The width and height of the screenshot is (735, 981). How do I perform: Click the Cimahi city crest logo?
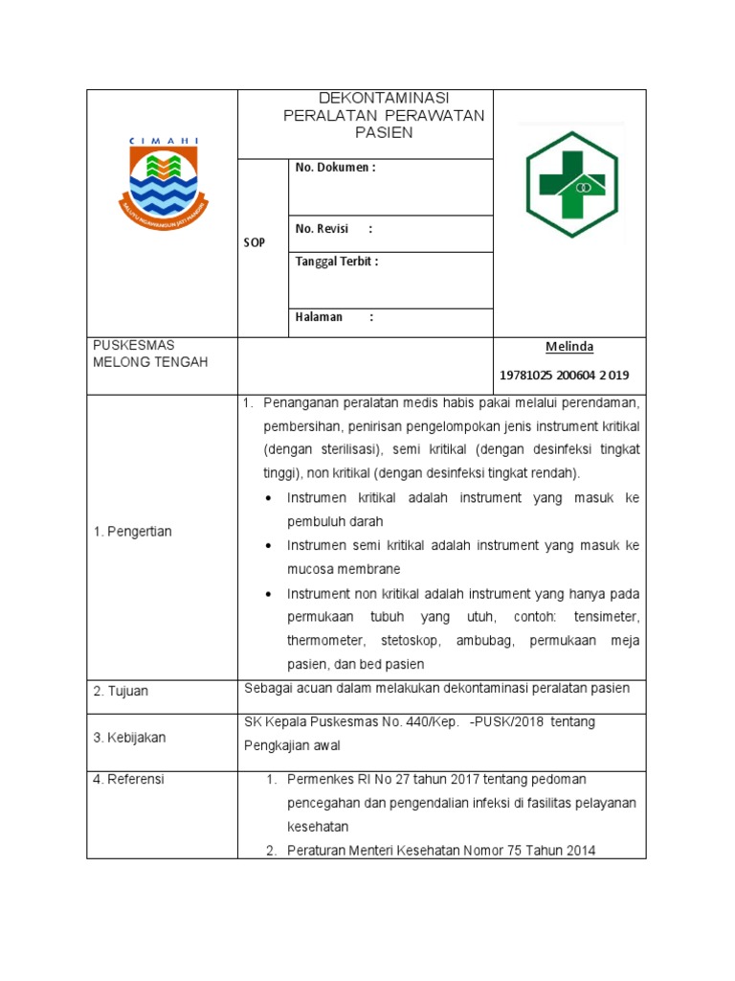click(163, 182)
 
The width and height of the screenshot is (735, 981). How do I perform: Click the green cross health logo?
click(571, 182)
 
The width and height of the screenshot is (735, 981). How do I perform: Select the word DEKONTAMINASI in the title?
click(384, 99)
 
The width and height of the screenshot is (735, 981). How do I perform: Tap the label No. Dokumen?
click(335, 168)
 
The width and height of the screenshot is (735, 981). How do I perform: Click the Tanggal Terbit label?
click(337, 262)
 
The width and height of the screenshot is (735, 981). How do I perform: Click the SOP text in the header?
click(254, 243)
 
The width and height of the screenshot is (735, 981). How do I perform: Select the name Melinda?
click(569, 347)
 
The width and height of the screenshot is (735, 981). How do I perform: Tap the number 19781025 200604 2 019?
click(565, 375)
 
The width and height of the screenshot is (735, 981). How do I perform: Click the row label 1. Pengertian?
click(132, 532)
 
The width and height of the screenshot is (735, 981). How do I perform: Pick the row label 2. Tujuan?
click(121, 691)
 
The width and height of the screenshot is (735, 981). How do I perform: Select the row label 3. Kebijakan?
click(129, 738)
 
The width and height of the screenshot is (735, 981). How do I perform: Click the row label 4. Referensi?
click(128, 780)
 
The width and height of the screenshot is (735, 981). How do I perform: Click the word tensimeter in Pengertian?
click(603, 617)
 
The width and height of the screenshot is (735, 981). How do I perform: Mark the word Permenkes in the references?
click(321, 779)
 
